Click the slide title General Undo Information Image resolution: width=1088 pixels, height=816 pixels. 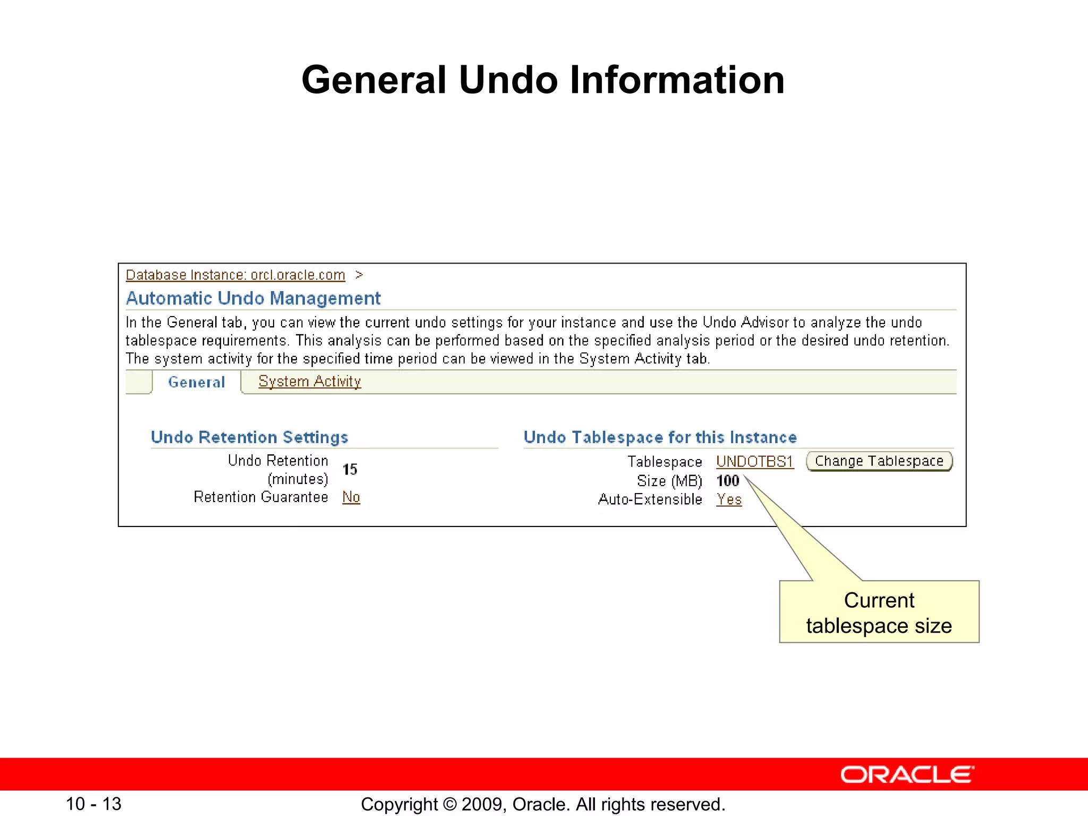[543, 80]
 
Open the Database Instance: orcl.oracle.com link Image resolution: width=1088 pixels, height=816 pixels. [235, 275]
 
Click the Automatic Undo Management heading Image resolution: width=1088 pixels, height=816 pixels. [253, 299]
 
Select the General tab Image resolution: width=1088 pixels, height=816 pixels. [196, 382]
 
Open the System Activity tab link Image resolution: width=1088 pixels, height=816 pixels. [309, 381]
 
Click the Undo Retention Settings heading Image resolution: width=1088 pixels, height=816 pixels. [249, 437]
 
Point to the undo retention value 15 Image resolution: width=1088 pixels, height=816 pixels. [350, 470]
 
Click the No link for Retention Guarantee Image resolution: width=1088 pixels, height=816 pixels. [351, 497]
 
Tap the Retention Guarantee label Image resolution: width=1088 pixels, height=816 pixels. [260, 497]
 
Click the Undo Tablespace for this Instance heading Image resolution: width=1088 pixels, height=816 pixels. [660, 437]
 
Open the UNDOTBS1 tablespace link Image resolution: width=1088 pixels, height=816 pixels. [754, 462]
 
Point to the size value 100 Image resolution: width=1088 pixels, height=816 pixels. [727, 481]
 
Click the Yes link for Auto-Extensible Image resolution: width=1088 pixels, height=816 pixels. [728, 499]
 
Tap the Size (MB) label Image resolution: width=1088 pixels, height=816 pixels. [669, 481]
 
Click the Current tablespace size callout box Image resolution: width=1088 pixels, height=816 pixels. [879, 613]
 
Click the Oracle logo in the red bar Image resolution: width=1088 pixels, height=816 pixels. [907, 775]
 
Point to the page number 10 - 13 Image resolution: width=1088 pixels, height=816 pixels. [93, 804]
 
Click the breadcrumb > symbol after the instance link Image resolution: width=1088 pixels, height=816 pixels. [359, 275]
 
